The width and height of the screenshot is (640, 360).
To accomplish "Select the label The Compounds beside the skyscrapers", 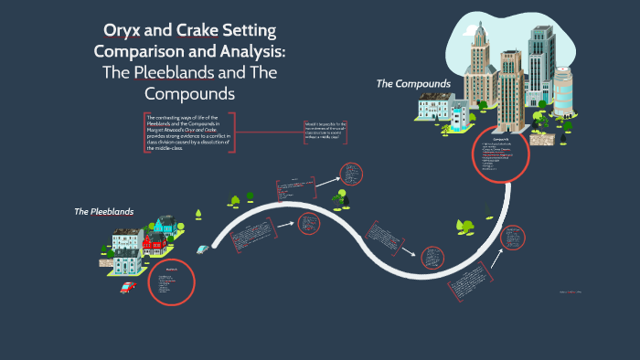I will click(413, 84).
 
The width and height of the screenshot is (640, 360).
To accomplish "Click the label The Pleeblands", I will click(104, 211).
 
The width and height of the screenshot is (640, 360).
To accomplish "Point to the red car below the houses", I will click(129, 286).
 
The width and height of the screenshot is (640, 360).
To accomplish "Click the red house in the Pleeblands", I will click(152, 240).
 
